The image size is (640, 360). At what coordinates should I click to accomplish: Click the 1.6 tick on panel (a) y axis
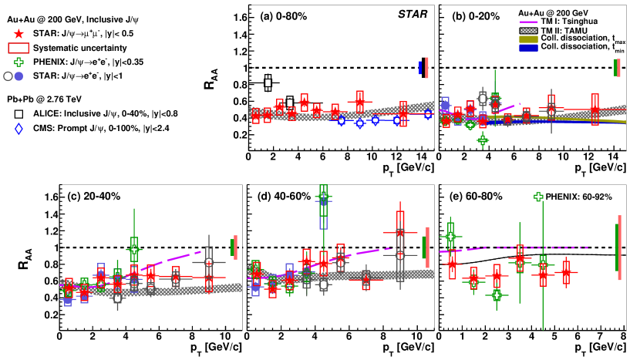237,16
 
